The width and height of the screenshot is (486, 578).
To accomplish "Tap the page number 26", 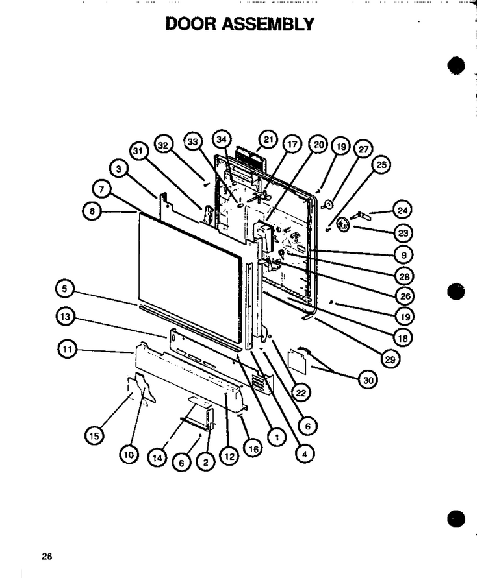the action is pyautogui.click(x=47, y=556).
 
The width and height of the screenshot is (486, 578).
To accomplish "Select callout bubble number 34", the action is pyautogui.click(x=221, y=139).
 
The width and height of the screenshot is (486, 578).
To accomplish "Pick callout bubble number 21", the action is pyautogui.click(x=268, y=139).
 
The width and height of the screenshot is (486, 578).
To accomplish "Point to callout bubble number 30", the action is pyautogui.click(x=368, y=380).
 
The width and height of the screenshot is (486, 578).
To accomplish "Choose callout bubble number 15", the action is pyautogui.click(x=94, y=436).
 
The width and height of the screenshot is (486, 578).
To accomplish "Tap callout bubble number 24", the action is pyautogui.click(x=403, y=210).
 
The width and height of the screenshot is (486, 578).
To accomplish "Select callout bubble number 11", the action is pyautogui.click(x=67, y=349).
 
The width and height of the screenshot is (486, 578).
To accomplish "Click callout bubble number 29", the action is pyautogui.click(x=390, y=359).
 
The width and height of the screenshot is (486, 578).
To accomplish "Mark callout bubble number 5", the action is pyautogui.click(x=64, y=289).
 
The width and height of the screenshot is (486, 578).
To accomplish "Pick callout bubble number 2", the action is pyautogui.click(x=206, y=462).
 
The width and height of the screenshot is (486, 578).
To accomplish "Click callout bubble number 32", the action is pyautogui.click(x=163, y=145).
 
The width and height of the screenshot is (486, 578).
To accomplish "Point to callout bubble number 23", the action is pyautogui.click(x=403, y=233).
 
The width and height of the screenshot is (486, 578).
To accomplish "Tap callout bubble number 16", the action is pyautogui.click(x=253, y=449).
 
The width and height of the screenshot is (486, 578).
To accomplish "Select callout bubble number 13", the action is pyautogui.click(x=65, y=317).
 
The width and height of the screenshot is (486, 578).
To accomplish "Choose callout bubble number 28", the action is pyautogui.click(x=404, y=276).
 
